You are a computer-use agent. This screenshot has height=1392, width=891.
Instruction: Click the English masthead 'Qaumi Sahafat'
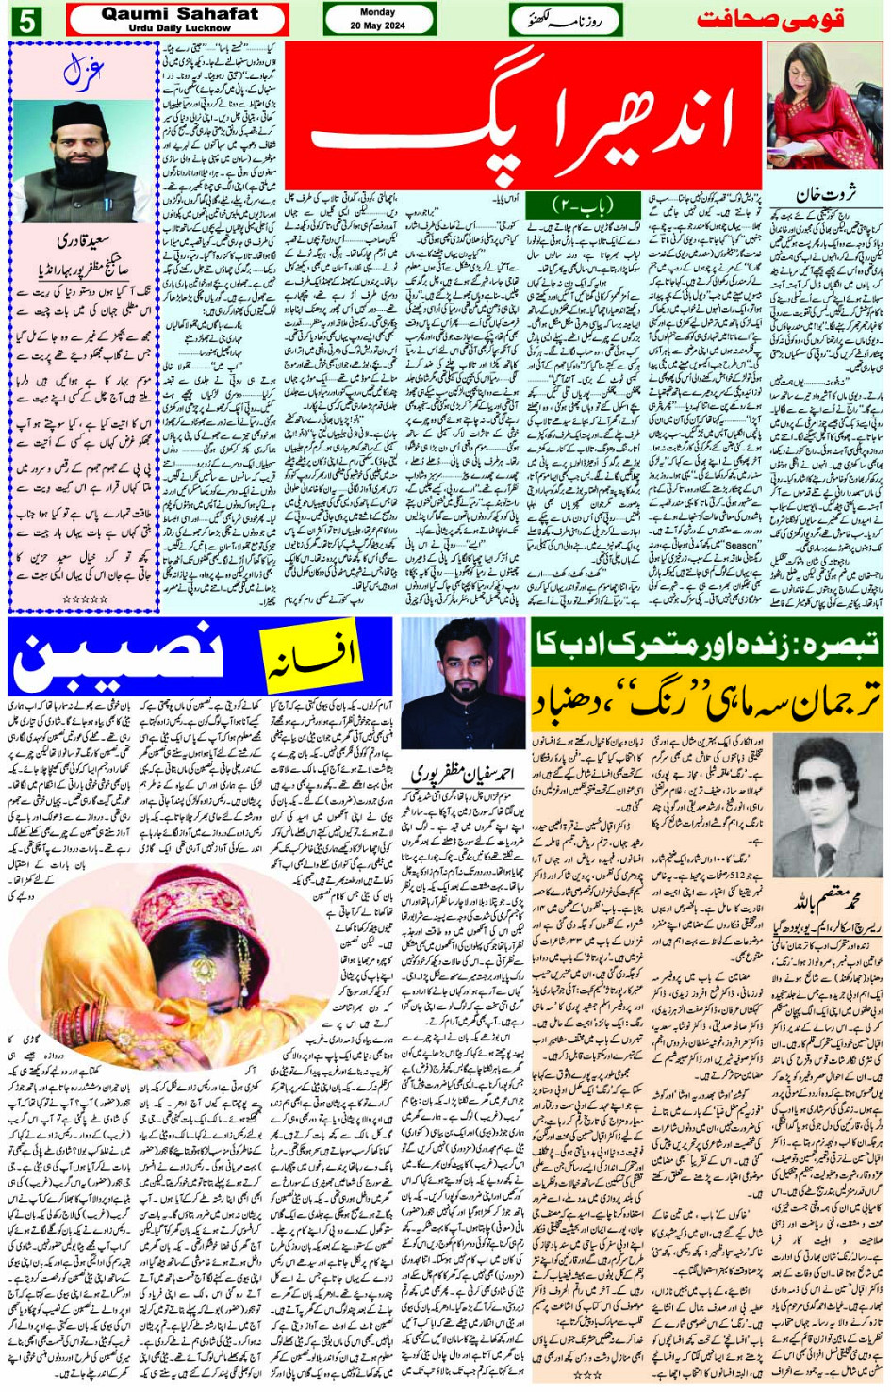click(x=179, y=13)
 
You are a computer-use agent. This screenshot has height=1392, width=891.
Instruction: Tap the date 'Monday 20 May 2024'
click(x=378, y=19)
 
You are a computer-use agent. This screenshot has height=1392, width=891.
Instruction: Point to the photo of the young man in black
click(x=463, y=686)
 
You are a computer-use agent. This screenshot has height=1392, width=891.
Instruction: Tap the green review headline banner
click(x=706, y=644)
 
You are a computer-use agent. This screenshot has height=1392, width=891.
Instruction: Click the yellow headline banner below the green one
click(x=706, y=698)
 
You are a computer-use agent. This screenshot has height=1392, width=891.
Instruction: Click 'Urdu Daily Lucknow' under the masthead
click(x=179, y=28)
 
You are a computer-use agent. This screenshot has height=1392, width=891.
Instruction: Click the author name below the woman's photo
click(x=826, y=195)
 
